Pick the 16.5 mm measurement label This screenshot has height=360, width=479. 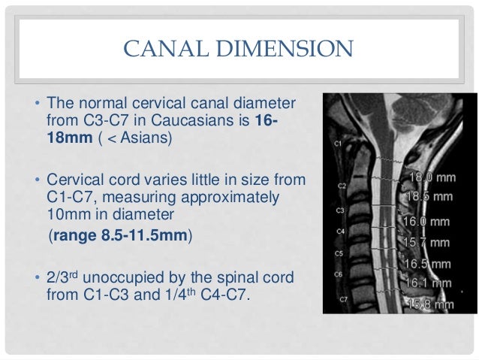click(427, 264)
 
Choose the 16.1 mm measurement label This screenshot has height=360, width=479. click(428, 283)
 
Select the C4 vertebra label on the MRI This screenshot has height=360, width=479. click(340, 231)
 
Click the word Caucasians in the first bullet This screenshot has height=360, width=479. click(188, 120)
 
